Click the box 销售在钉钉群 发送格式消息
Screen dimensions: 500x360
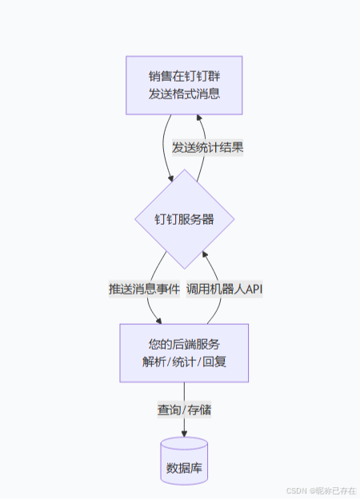pos(184,86)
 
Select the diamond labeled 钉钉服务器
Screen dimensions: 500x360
pos(184,219)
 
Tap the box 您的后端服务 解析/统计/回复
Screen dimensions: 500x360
pos(184,352)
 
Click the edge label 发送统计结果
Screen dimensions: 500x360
pos(208,147)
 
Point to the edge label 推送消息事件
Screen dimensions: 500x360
pos(144,288)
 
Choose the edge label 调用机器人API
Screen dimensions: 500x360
pos(225,288)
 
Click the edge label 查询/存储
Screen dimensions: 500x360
pos(184,410)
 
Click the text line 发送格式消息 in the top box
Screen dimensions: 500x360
pos(184,94)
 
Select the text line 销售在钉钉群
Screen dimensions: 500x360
pos(184,77)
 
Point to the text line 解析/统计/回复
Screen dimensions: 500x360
pos(184,361)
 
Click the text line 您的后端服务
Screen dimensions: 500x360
pos(184,344)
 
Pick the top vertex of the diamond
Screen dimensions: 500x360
pos(184,170)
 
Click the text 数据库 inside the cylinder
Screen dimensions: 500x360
pos(184,468)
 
